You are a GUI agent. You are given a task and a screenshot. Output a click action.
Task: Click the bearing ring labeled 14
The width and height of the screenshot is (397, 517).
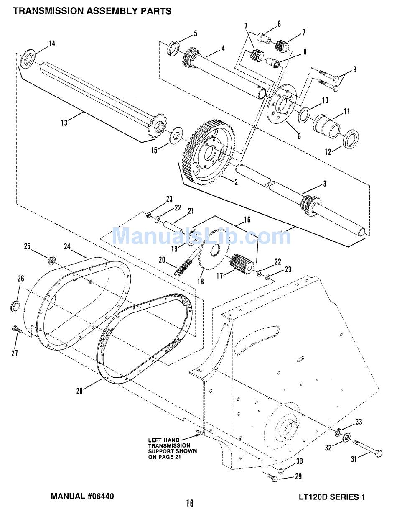tap(28, 59)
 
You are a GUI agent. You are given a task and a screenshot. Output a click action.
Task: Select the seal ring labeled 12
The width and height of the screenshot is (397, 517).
tap(350, 139)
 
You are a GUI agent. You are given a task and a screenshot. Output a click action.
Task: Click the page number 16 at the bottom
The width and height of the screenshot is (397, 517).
tap(190, 503)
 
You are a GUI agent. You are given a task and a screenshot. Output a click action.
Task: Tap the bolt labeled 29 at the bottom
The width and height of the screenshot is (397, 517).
tap(274, 478)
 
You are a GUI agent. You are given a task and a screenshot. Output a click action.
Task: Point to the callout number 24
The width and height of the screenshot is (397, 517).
tap(67, 246)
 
